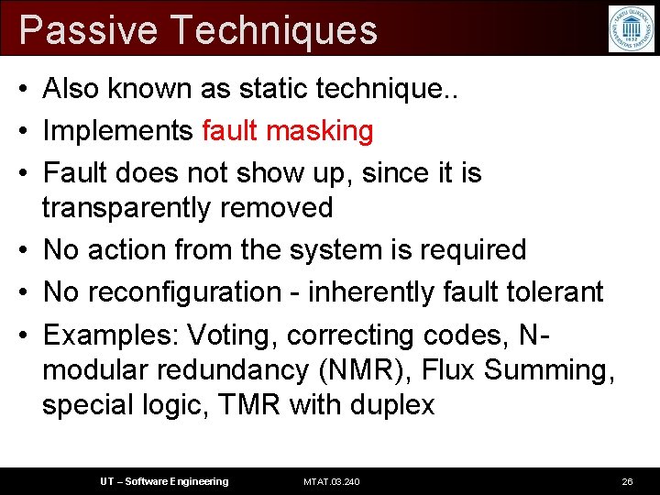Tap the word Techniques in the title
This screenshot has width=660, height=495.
274,29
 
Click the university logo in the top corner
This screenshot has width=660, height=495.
632,28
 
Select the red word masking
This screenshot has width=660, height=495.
320,131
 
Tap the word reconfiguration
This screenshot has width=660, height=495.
190,292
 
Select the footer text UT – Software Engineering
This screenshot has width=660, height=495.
164,481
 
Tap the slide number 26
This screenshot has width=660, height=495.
627,481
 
